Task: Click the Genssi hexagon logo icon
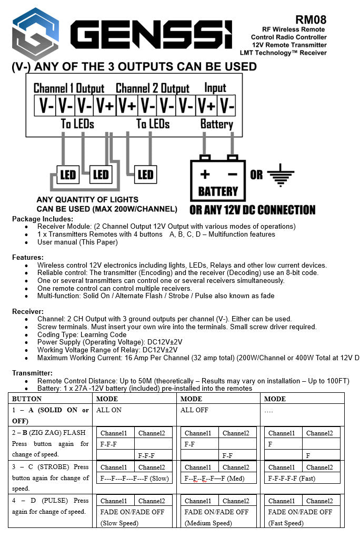[x=35, y=34]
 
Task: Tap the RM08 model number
[x=311, y=20]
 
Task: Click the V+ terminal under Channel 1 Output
[x=105, y=106]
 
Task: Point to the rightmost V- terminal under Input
[x=227, y=106]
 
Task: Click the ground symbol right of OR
[x=281, y=175]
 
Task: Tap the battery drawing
[x=217, y=177]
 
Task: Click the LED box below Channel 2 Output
[x=145, y=175]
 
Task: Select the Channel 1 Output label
[x=68, y=88]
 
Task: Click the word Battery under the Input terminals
[x=216, y=124]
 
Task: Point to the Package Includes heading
[x=43, y=219]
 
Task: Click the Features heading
[x=28, y=257]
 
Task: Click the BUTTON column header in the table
[x=27, y=399]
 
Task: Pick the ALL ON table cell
[x=109, y=410]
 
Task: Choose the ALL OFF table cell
[x=194, y=410]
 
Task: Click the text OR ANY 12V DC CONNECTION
[x=253, y=210]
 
